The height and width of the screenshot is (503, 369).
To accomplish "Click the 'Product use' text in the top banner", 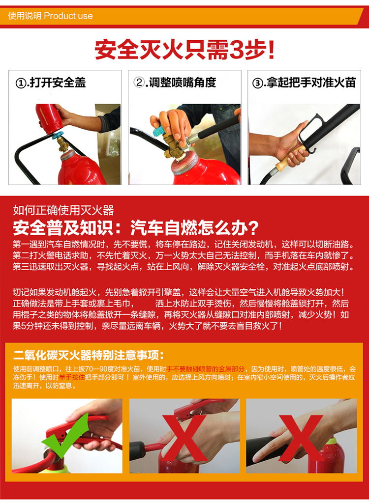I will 68,16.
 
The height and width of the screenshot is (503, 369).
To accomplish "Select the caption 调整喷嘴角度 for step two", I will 183,82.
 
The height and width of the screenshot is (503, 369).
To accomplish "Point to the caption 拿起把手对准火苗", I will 311,82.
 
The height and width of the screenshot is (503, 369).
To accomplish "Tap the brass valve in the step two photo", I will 175,147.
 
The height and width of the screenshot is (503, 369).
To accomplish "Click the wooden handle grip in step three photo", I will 290,155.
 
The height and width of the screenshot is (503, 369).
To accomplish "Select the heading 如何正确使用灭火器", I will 63,211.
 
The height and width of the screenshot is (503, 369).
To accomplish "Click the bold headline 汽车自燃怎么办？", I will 195,228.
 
